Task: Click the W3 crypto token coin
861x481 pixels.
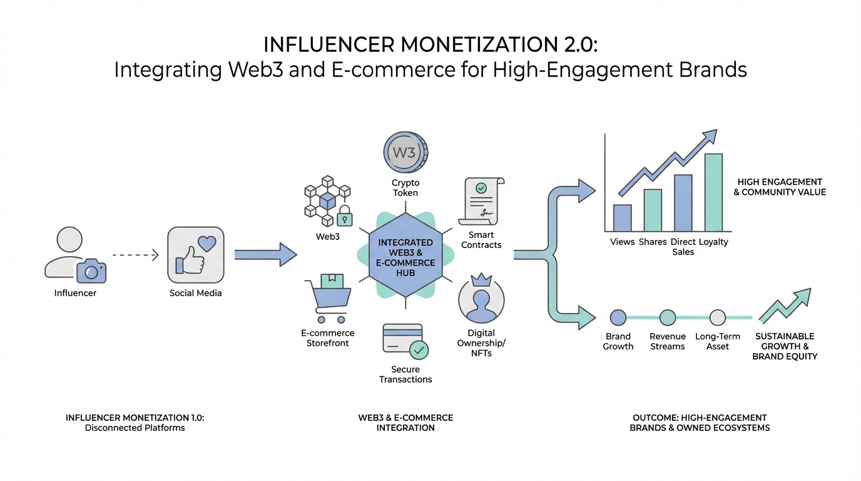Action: click(x=405, y=153)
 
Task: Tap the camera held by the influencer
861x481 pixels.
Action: click(x=91, y=271)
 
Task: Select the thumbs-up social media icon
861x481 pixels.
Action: click(x=195, y=255)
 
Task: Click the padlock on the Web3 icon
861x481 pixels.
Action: click(x=344, y=217)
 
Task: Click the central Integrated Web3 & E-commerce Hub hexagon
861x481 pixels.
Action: click(x=405, y=256)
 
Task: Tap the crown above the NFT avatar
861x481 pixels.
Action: click(x=481, y=279)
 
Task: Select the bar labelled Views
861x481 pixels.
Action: click(x=622, y=218)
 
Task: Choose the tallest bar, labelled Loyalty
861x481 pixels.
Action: click(x=713, y=192)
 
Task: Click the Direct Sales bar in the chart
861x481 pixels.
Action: click(x=683, y=203)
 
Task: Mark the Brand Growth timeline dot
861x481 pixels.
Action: click(x=618, y=318)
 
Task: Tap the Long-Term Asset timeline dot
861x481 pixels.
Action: click(x=718, y=318)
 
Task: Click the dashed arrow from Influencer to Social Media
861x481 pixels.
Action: click(x=136, y=255)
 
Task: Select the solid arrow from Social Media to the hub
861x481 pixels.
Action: click(x=265, y=254)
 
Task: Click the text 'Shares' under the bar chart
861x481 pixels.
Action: click(x=653, y=242)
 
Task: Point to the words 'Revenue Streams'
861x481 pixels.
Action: click(x=668, y=341)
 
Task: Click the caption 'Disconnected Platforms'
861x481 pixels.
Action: click(x=135, y=428)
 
